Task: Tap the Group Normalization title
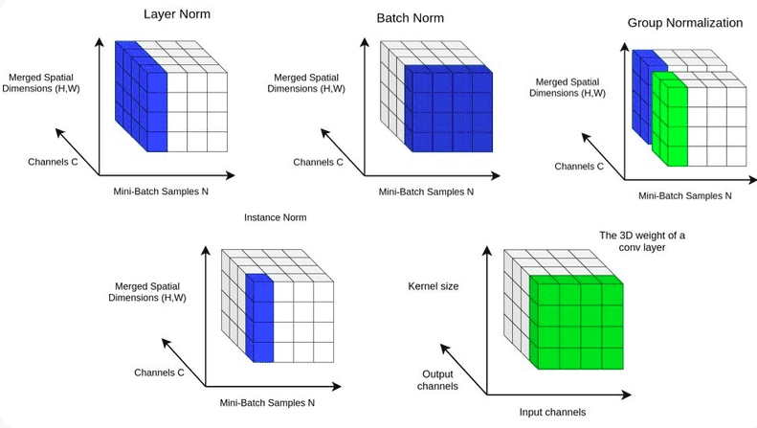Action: coord(684,22)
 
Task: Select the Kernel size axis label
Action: coord(434,285)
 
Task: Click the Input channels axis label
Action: coord(552,412)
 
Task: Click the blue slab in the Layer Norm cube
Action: coord(143,96)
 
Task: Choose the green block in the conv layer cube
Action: coord(577,320)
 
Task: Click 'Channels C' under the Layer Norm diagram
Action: coord(52,162)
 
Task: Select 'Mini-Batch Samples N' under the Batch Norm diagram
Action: coord(426,191)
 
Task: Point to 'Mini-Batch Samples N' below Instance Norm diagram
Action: coord(268,404)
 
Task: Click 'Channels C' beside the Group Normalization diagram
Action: coord(580,166)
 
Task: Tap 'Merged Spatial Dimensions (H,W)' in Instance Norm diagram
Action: coord(156,292)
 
